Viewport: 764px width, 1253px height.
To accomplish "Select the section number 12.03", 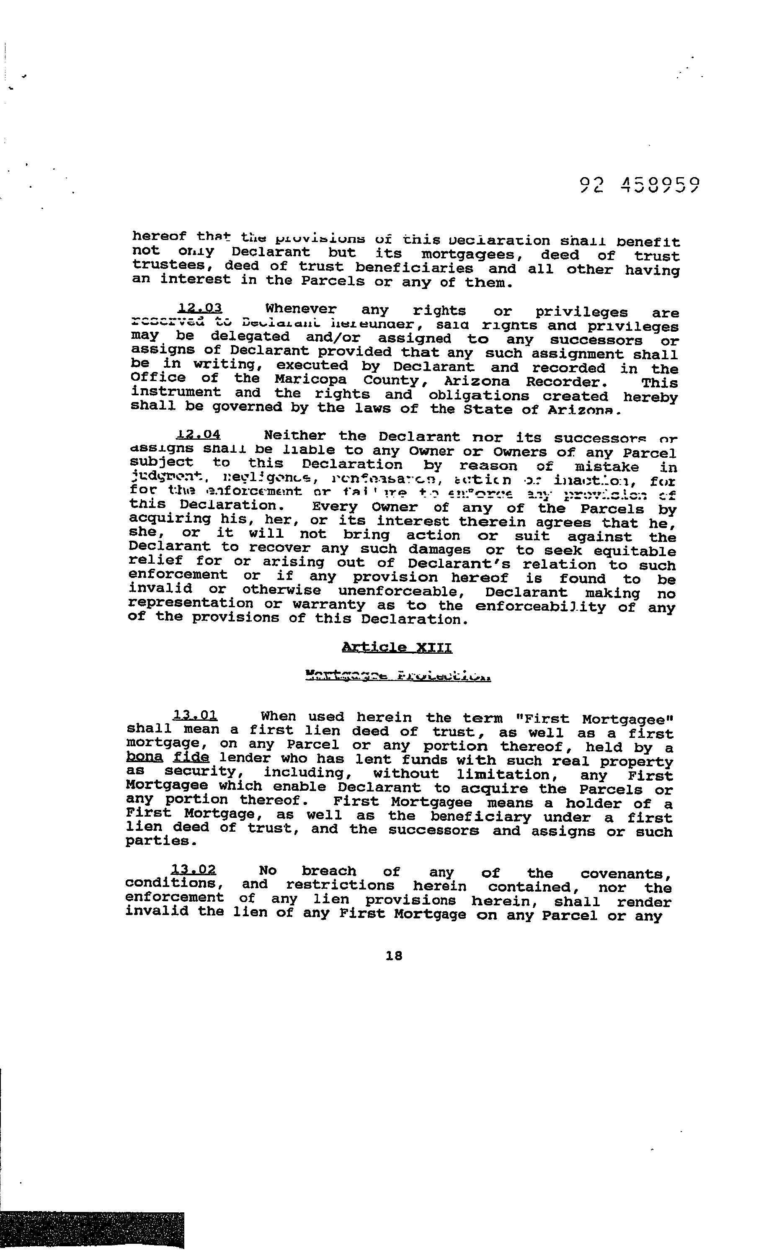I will pos(200,308).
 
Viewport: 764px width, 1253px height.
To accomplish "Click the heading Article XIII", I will pos(397,647).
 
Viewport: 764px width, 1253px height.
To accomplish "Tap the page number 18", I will pos(394,956).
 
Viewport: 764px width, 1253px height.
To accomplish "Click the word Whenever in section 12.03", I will pos(301,309).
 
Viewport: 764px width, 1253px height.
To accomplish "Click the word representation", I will pos(191,603).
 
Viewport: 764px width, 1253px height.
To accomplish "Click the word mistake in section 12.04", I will pos(607,467).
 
